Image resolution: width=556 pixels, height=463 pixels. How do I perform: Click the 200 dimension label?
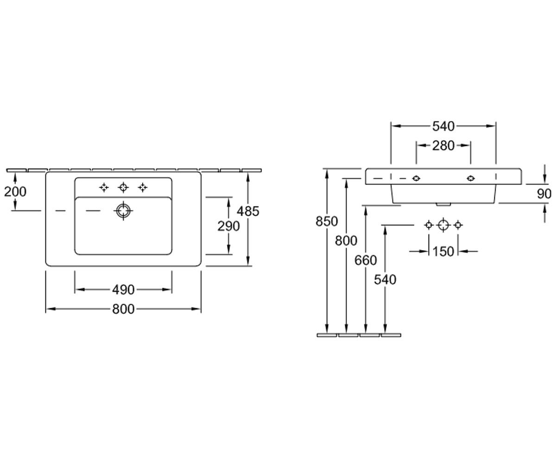tap(15, 192)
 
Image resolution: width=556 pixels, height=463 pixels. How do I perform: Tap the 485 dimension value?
tap(248, 211)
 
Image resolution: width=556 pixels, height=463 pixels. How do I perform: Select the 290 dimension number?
tap(228, 226)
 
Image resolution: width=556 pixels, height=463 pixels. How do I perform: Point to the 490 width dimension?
tap(123, 290)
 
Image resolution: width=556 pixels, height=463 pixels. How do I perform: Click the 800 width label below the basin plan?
tap(123, 309)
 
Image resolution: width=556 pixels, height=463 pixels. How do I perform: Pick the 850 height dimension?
tap(327, 221)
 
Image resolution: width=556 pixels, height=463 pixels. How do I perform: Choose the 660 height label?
tap(366, 260)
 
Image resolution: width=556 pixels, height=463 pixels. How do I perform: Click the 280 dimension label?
tap(443, 145)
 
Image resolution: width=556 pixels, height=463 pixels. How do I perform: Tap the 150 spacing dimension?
tap(443, 251)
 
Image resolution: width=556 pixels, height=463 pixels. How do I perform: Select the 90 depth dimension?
tap(544, 194)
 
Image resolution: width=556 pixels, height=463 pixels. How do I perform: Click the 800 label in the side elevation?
tap(346, 241)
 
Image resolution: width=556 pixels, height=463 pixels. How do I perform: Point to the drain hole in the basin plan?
tap(123, 211)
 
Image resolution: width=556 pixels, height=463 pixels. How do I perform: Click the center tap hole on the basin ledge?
tap(123, 188)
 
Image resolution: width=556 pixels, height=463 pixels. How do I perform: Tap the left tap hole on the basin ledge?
tap(104, 188)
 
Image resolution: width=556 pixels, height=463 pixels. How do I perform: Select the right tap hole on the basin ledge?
tap(143, 188)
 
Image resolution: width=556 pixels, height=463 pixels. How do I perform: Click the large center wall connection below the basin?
tap(443, 225)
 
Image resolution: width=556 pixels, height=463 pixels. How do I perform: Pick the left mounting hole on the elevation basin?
tap(416, 178)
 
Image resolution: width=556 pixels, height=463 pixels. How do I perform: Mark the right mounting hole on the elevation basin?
tap(471, 178)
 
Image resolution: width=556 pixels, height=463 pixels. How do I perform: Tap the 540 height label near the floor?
tap(385, 279)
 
